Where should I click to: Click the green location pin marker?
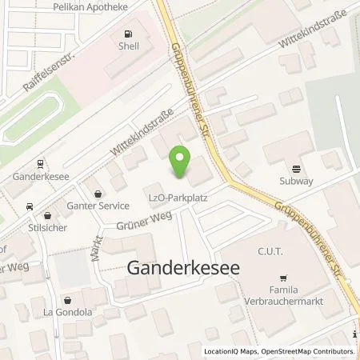click(181, 162)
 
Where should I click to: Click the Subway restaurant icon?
click(297, 169)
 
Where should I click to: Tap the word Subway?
click(297, 182)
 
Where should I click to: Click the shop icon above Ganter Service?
click(98, 193)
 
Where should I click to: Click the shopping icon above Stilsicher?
click(47, 214)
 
